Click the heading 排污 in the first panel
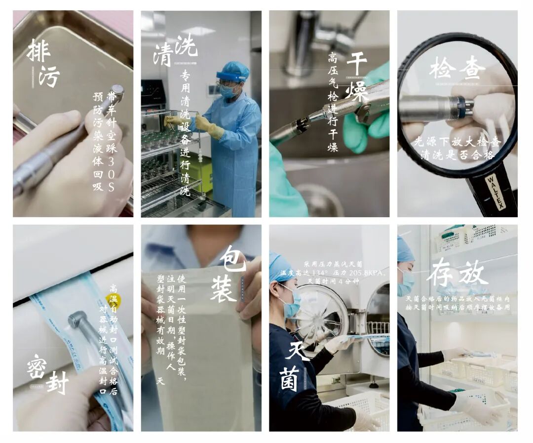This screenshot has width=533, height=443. [43, 63]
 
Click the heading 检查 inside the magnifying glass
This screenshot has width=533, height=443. [457, 68]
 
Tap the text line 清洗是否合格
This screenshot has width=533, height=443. [453, 154]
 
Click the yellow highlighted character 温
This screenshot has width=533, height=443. [114, 299]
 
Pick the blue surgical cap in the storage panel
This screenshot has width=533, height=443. [405, 249]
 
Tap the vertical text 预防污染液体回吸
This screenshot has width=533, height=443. [98, 141]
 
